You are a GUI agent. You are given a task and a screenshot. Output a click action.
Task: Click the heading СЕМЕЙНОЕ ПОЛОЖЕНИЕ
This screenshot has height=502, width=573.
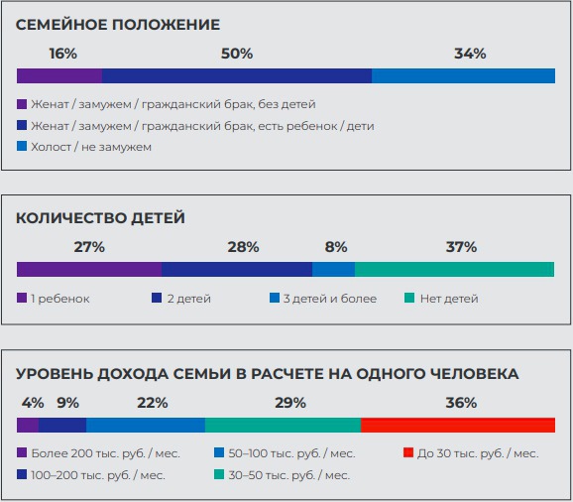coord(118,25)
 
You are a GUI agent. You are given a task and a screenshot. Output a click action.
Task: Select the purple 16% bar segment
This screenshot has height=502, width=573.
coord(59,75)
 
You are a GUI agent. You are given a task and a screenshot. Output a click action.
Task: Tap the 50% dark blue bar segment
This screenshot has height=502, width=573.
coord(237,75)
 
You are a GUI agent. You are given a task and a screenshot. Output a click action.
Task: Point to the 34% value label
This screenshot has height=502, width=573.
coord(470,54)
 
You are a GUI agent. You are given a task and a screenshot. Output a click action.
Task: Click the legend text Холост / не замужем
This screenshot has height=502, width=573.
coord(91,147)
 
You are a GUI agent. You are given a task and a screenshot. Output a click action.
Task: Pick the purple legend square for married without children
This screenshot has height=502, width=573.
coord(22,104)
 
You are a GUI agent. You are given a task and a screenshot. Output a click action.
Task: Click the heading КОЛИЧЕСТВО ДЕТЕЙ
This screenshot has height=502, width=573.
coord(100,218)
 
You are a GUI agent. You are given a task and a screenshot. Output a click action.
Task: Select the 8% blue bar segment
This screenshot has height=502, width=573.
coord(333,269)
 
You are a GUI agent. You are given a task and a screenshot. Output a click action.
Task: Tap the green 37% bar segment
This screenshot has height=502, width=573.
coord(455,269)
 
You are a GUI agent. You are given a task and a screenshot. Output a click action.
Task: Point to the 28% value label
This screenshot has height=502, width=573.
coord(244,247)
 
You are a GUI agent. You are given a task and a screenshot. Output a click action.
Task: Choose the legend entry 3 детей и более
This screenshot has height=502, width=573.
coord(330,299)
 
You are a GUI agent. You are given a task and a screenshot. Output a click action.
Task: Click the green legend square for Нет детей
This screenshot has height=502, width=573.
coord(409,298)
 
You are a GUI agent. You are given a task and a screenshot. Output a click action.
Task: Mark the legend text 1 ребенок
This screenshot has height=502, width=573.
coord(60,299)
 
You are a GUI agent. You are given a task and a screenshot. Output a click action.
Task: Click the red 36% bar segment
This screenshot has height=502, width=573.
coord(458,425)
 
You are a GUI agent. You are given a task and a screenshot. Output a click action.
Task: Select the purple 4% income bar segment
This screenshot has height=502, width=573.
coord(28,425)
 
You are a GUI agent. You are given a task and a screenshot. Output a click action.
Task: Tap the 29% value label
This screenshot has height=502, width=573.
coord(290,403)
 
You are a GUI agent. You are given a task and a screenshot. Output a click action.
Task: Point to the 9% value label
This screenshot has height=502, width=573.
coord(68,403)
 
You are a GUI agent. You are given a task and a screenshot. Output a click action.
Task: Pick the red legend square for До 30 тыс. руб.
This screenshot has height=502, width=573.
coord(408,452)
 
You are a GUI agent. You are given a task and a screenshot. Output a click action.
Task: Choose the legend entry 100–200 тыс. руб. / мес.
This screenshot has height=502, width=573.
coord(98,475)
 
